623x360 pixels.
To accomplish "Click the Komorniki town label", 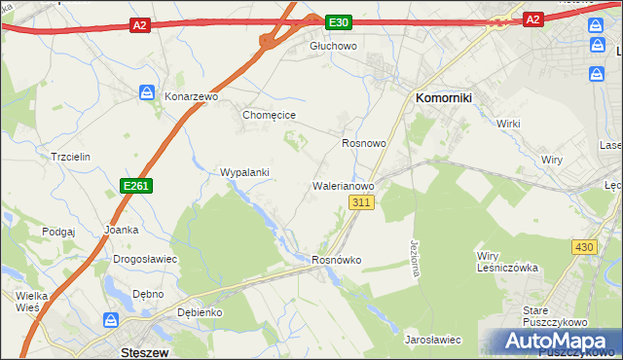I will coord(444,98).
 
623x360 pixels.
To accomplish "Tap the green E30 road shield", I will coord(338,21).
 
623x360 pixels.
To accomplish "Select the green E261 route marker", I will coord(135,185).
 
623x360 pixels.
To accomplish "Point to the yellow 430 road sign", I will coord(583,248).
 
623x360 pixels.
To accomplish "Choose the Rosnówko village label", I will coord(337,261).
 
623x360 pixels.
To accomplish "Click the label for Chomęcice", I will coord(269,115).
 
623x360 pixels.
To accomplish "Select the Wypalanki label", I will coord(244,172).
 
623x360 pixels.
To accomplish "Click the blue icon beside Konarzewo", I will coord(147,92).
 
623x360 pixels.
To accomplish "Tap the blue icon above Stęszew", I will coord(112,320).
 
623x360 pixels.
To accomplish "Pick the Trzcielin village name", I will coord(70,157).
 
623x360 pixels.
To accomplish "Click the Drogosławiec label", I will coord(144,260).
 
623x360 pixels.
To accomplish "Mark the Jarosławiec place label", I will coord(432,340).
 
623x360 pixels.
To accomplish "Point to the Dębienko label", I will coord(201,312).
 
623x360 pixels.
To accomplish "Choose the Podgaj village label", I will coord(58,232).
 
